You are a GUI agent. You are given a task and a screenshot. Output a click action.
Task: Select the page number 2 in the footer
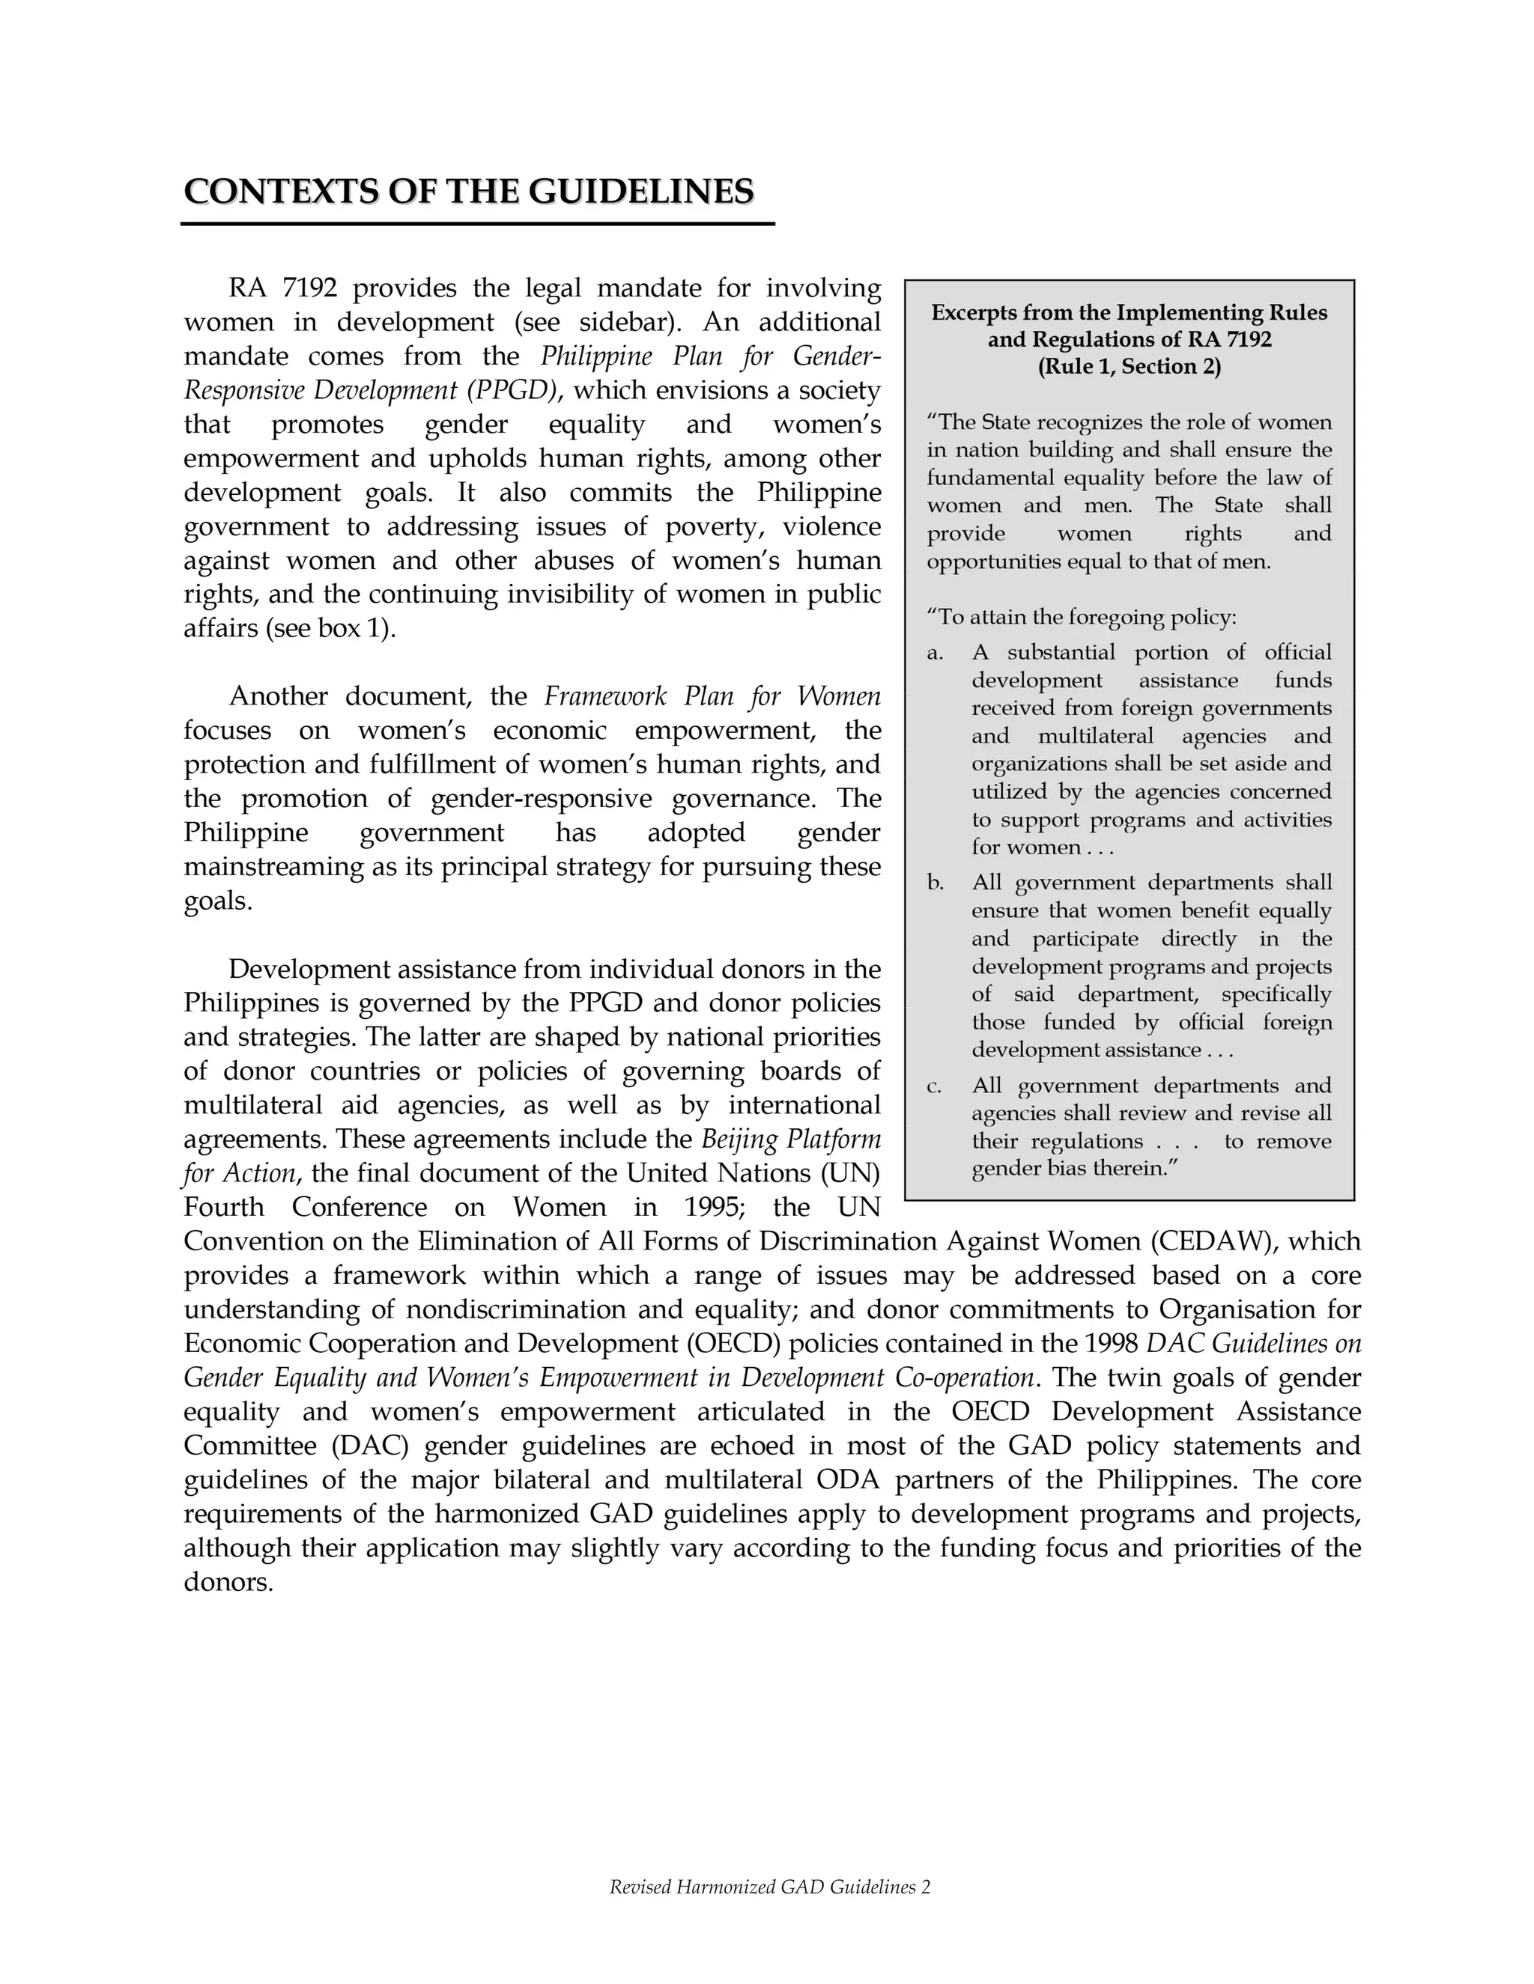pos(925,1887)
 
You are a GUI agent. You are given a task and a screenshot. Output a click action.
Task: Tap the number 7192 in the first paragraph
pos(310,289)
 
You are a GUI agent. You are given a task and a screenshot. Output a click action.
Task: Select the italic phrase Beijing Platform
pos(791,1139)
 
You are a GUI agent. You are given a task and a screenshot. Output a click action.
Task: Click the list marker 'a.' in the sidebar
pos(934,653)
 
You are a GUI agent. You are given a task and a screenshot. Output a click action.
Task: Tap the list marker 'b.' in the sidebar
pos(935,883)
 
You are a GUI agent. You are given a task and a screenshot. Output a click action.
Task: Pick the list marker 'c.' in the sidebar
pos(934,1086)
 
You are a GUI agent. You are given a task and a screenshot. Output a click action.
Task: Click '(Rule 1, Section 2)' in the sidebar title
pos(1129,367)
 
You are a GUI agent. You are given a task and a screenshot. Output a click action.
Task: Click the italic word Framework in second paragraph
pos(605,697)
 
